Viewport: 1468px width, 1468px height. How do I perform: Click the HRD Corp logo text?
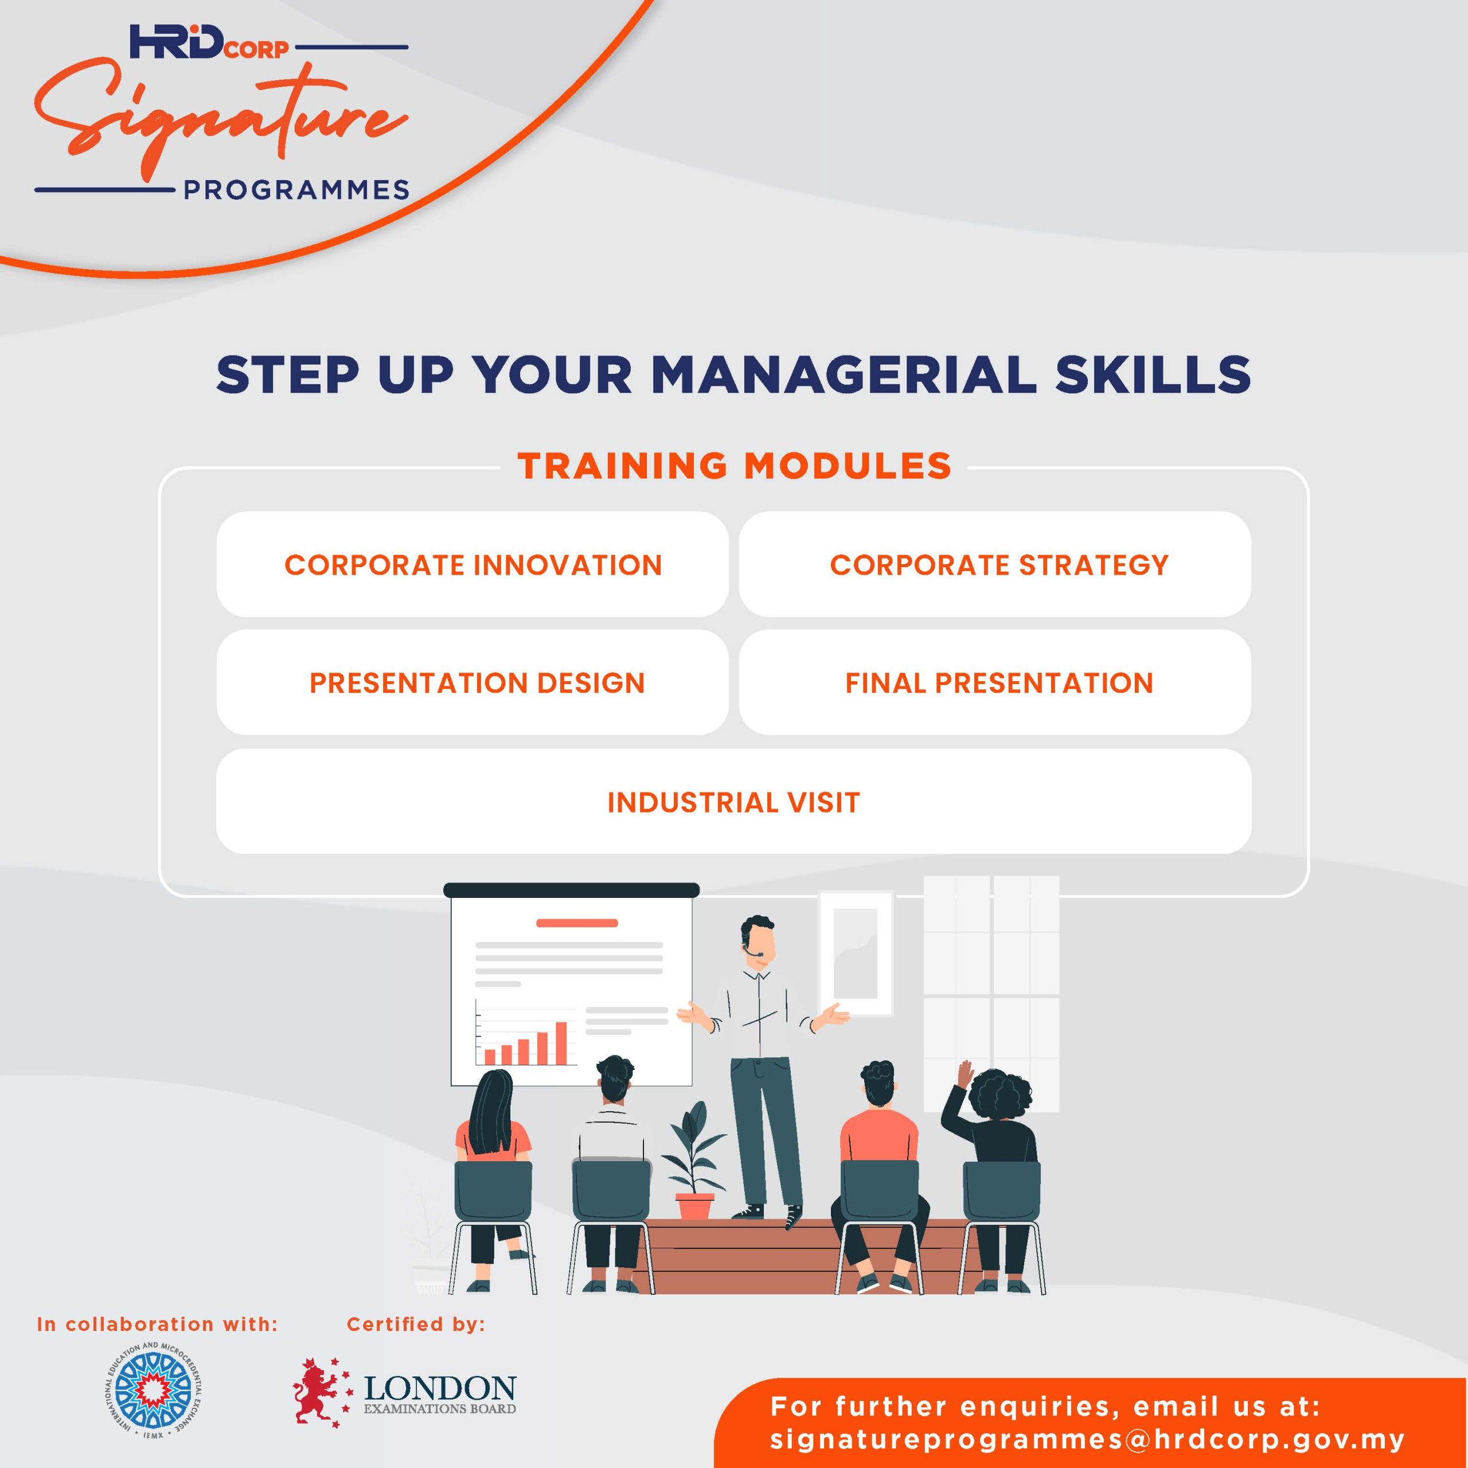point(209,42)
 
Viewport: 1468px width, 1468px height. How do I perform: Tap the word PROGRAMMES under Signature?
point(297,190)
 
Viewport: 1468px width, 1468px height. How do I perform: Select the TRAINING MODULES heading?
point(734,465)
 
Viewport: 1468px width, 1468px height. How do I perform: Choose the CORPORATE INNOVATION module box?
point(473,565)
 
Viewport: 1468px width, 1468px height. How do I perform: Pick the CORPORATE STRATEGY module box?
point(994,565)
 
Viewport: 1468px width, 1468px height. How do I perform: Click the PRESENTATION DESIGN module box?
point(473,682)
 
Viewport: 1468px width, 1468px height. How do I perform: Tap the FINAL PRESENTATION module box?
point(994,682)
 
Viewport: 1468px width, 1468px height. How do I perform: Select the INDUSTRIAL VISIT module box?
point(733,802)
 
